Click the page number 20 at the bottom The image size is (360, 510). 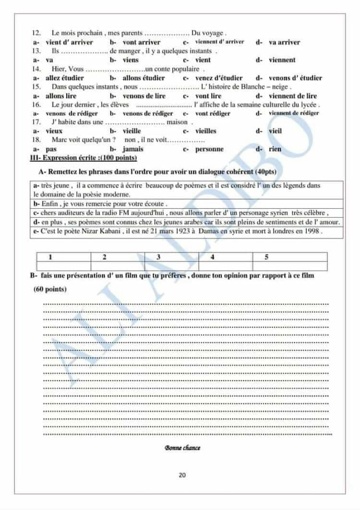pos(182,475)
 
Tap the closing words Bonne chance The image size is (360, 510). pos(182,448)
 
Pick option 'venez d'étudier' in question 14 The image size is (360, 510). pos(219,78)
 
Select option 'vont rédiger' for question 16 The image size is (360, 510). pos(213,114)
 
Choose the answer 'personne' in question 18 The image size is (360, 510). pos(209,149)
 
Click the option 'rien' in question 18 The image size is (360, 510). pos(275,149)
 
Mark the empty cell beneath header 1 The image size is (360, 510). pos(63,266)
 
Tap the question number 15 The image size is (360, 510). pos(36,87)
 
